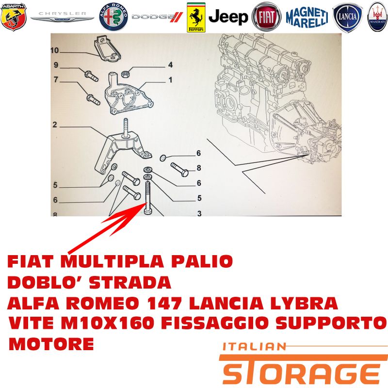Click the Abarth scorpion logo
pyautogui.click(x=14, y=17)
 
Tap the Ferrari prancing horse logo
pyautogui.click(x=196, y=17)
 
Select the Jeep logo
pyautogui.click(x=228, y=17)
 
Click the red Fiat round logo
pyautogui.click(x=266, y=17)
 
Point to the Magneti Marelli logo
pyautogui.click(x=307, y=17)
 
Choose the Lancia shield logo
pyautogui.click(x=348, y=17)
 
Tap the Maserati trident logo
pyautogui.click(x=377, y=17)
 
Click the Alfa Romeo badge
pyautogui.click(x=113, y=17)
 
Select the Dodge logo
pyautogui.click(x=157, y=17)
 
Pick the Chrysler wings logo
pyautogui.click(x=63, y=16)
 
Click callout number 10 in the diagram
pyautogui.click(x=54, y=50)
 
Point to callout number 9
pyautogui.click(x=56, y=65)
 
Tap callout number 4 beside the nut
pyautogui.click(x=170, y=65)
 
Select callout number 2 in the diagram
pyautogui.click(x=55, y=125)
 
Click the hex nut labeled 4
pyautogui.click(x=126, y=74)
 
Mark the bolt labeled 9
pyautogui.click(x=91, y=76)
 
